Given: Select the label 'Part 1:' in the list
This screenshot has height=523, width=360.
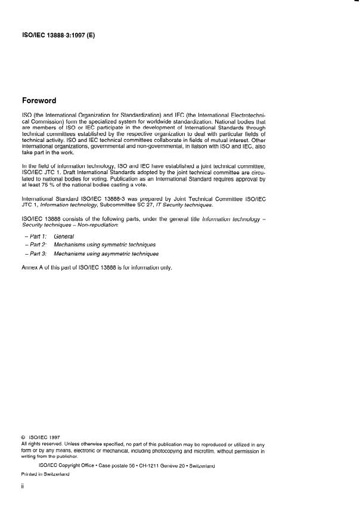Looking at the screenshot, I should point(37,237).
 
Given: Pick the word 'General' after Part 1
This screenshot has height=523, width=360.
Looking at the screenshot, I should point(64,237).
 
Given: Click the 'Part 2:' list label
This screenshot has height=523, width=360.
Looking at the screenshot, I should point(37,245).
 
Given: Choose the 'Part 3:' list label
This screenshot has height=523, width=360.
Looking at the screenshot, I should point(37,253).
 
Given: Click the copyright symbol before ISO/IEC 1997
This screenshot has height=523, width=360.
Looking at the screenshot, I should point(23,437).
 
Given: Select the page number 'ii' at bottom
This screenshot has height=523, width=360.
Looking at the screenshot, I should point(23,486).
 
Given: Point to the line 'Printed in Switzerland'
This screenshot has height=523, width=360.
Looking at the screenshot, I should point(45,474).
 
